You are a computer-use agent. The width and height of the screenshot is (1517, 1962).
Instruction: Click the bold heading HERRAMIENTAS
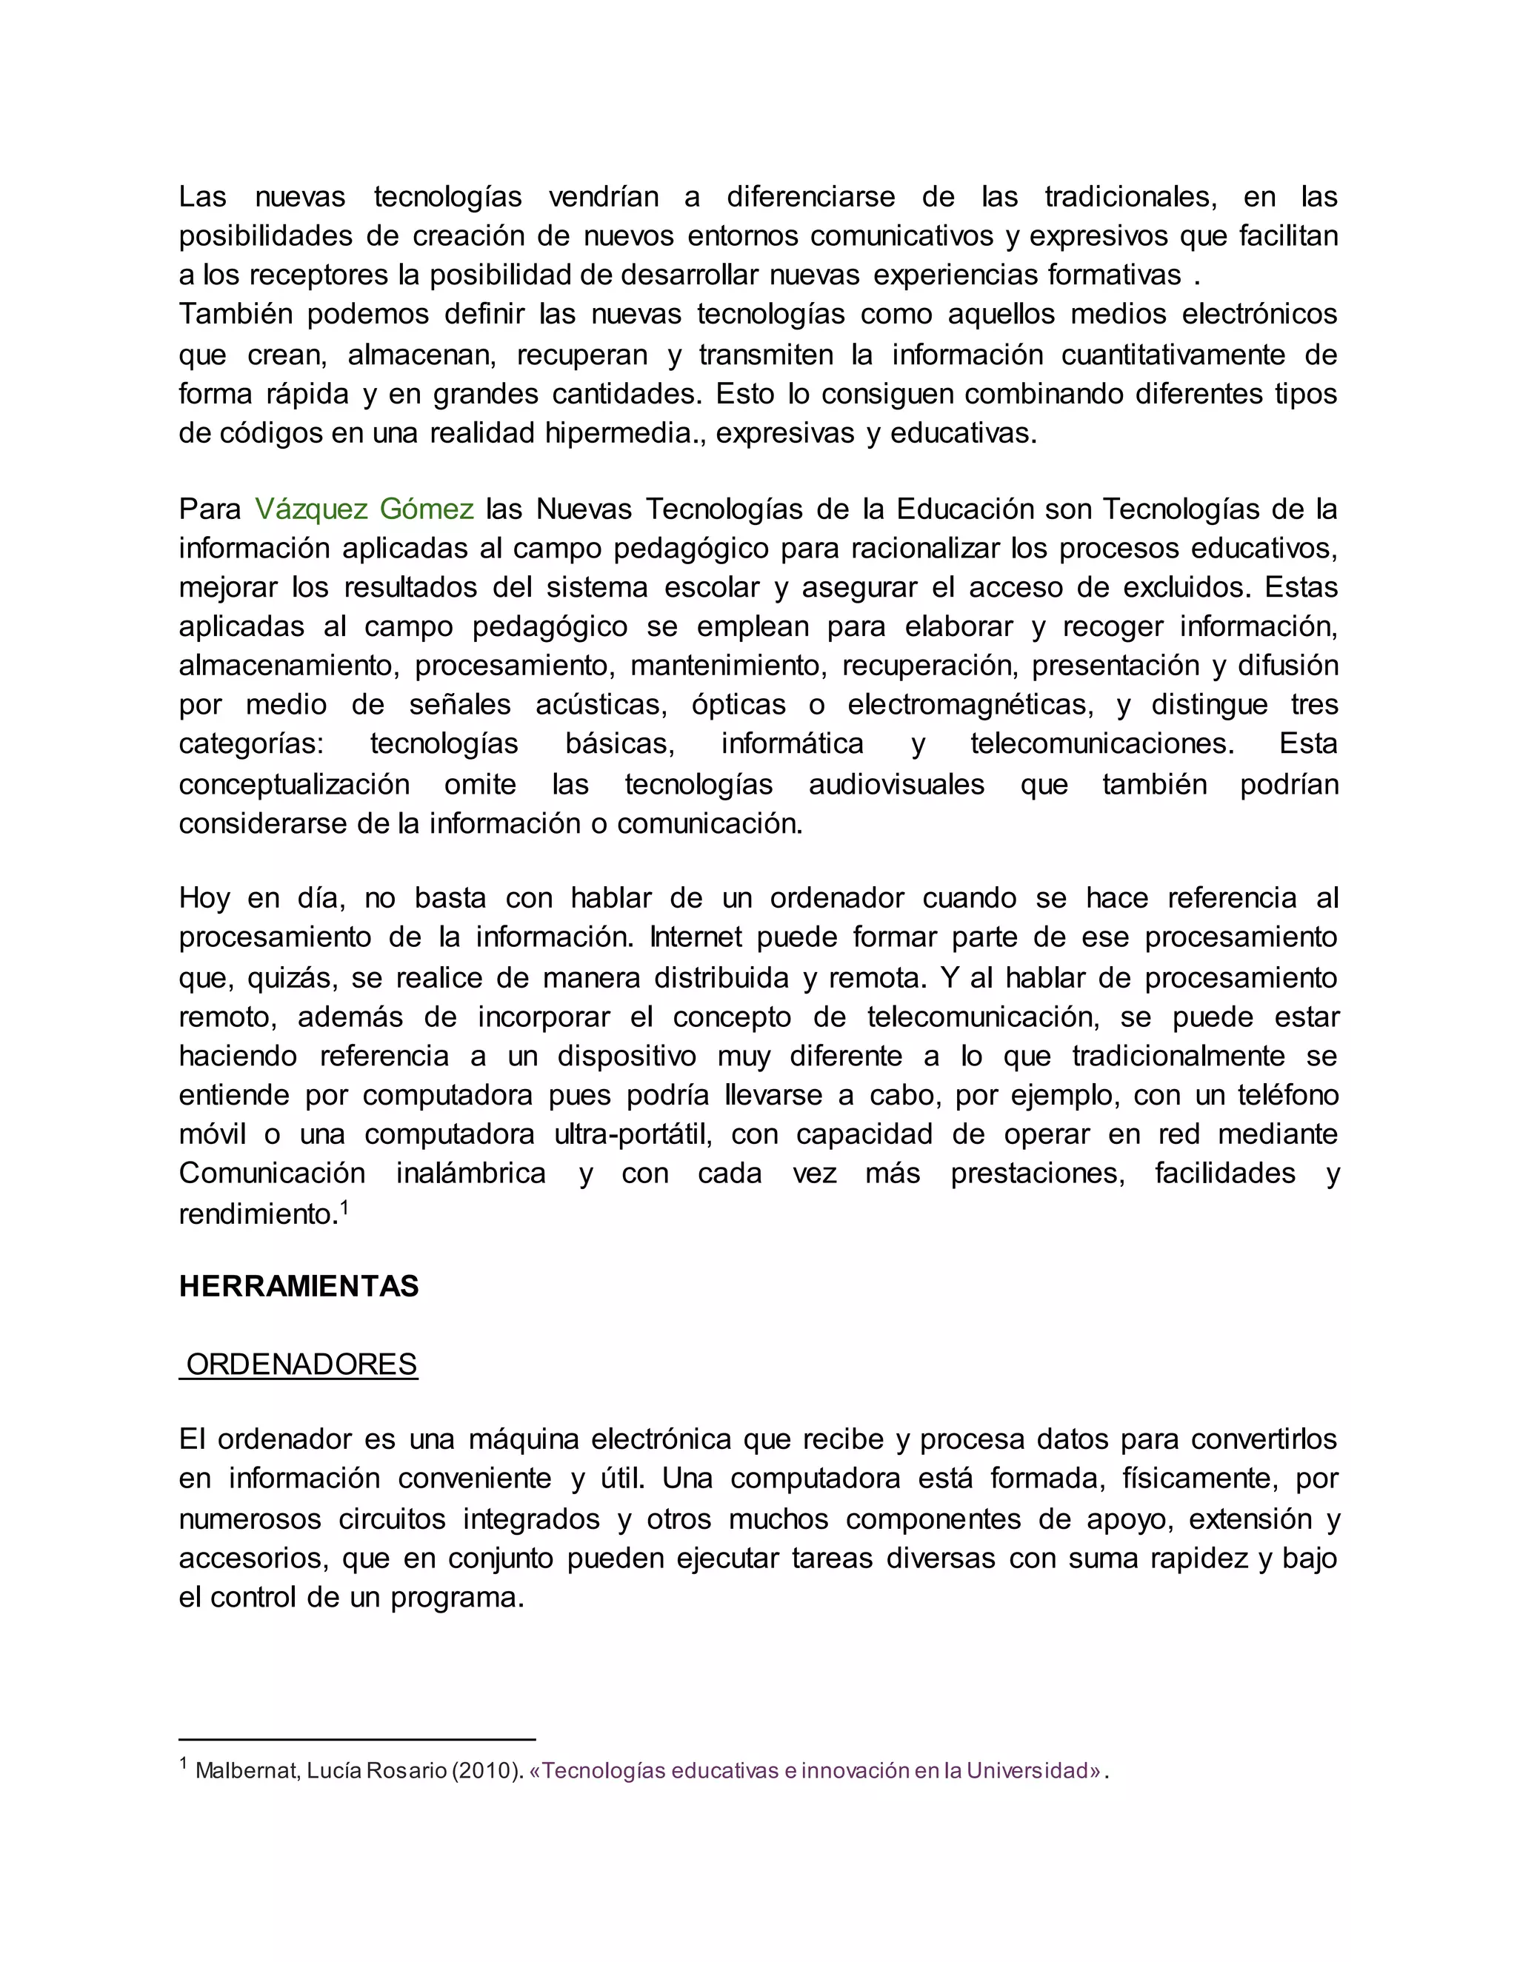tap(299, 1287)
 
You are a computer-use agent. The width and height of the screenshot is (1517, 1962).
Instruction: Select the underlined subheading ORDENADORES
tap(301, 1365)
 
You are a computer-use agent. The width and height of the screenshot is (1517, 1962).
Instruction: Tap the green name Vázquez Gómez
tap(364, 509)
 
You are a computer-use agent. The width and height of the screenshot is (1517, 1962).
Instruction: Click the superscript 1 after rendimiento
tap(344, 1207)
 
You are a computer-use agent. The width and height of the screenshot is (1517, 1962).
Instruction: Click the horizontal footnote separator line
tap(357, 1740)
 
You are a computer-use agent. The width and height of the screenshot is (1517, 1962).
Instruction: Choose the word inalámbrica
tap(471, 1173)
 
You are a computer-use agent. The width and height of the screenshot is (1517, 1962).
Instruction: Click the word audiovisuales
tap(896, 784)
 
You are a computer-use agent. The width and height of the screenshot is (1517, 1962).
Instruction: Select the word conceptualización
tap(294, 784)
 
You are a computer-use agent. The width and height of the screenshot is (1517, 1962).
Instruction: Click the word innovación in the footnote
tap(855, 1771)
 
